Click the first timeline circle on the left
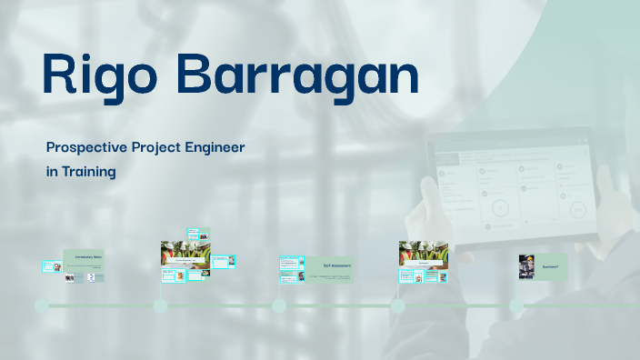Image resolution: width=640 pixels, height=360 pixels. [x=41, y=305]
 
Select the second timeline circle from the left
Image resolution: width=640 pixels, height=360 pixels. [x=160, y=305]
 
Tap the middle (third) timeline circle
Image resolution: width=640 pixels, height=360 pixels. [x=279, y=305]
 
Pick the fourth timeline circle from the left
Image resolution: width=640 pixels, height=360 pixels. [x=397, y=305]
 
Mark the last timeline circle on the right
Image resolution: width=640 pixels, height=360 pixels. [x=516, y=305]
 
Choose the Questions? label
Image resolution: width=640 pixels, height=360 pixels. [x=550, y=266]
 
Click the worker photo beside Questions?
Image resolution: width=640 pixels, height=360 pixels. [x=525, y=267]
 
